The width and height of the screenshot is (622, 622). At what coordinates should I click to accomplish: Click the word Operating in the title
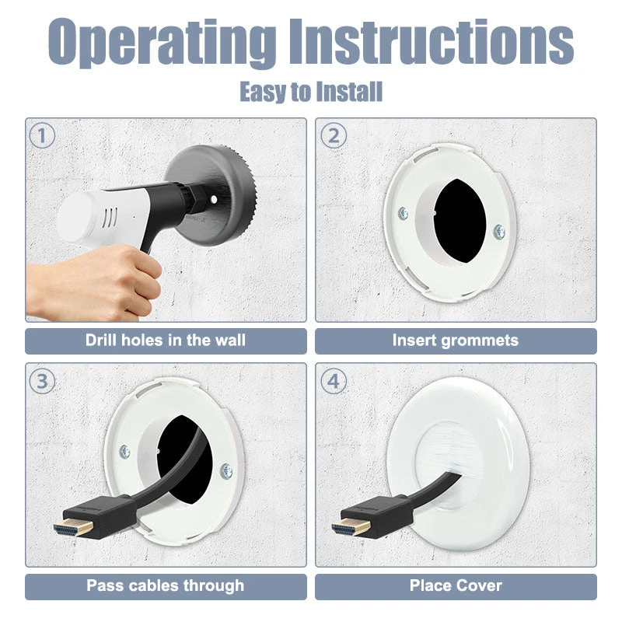click(162, 43)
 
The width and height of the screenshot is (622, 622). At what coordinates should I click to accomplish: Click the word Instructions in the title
click(432, 41)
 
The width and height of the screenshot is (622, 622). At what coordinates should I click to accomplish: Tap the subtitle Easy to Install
click(311, 92)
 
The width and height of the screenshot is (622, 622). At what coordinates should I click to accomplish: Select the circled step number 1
click(42, 135)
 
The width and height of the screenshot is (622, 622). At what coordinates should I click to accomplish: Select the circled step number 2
click(334, 135)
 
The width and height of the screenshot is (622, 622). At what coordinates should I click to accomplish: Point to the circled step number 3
click(42, 381)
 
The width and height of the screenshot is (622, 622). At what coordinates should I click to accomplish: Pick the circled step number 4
click(334, 381)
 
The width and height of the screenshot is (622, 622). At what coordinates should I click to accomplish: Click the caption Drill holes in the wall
click(166, 341)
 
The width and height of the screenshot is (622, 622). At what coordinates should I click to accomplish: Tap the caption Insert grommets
click(456, 341)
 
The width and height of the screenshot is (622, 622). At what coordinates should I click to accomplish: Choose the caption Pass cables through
click(166, 586)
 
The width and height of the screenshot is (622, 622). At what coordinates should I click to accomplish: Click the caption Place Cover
click(456, 585)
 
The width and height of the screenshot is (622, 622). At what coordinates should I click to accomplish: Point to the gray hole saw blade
click(210, 195)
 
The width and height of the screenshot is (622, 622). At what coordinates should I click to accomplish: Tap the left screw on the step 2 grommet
click(404, 213)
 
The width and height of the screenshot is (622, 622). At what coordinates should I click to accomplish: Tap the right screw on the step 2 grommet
click(499, 232)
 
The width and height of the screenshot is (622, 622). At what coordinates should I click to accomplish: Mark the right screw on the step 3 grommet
click(226, 470)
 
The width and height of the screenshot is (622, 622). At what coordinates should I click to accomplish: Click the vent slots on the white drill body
click(110, 219)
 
